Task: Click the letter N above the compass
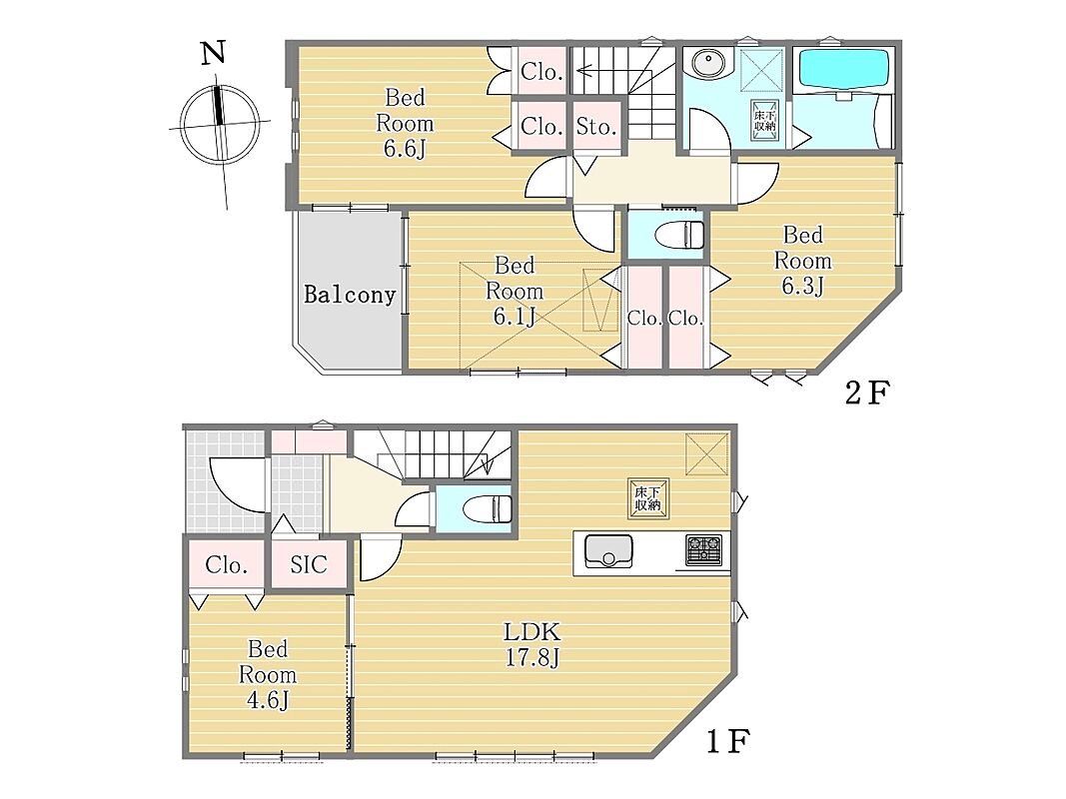click(213, 53)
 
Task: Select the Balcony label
click(350, 295)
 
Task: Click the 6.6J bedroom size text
click(405, 148)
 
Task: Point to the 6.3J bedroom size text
click(803, 286)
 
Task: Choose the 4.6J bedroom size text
click(268, 700)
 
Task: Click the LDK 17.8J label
click(532, 645)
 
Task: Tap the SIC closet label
click(309, 564)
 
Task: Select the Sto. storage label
click(596, 127)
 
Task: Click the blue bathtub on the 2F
click(843, 68)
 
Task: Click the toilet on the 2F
click(679, 235)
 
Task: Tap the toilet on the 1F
click(487, 509)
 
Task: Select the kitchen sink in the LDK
click(608, 551)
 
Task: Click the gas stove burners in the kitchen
click(703, 550)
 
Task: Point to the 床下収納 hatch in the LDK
click(648, 499)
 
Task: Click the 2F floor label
click(867, 393)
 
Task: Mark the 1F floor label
click(728, 741)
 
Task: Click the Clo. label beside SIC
click(227, 565)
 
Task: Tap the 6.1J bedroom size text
click(515, 316)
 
